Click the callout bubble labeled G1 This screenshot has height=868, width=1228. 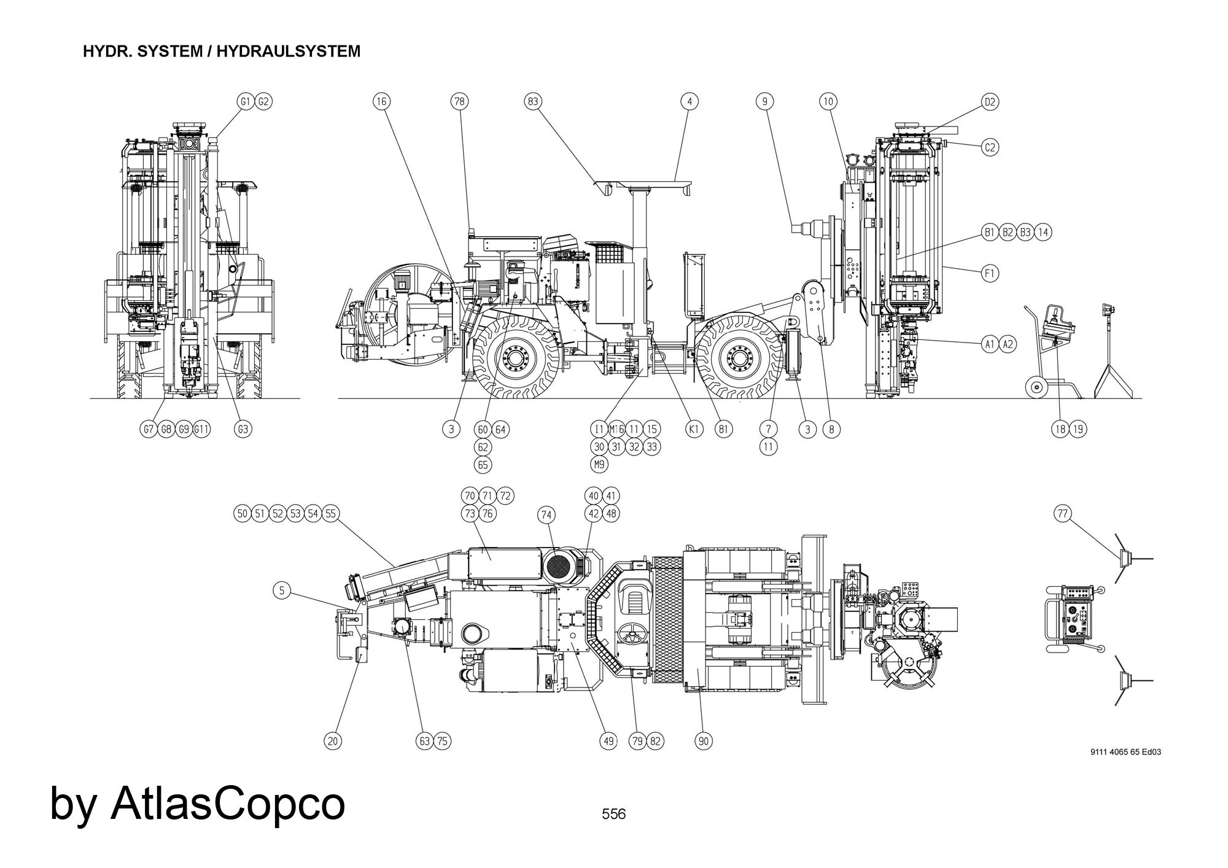pos(246,101)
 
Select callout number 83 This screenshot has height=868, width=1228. pos(533,101)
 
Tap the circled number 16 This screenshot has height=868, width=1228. pos(381,101)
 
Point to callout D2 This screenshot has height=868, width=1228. pos(990,102)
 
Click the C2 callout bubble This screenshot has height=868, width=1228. pos(990,147)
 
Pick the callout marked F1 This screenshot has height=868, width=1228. pos(990,273)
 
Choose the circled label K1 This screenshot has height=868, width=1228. pos(694,429)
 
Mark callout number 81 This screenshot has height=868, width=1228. pos(723,429)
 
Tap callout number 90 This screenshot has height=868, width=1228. pos(704,741)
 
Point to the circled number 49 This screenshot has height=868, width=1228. pos(608,741)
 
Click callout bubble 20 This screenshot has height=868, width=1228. pos(333,741)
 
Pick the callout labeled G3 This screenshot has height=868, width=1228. pos(243,429)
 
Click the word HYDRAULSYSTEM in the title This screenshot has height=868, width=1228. pos(288,52)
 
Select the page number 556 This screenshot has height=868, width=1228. pos(613,814)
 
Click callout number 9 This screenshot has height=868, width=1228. pos(764,101)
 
